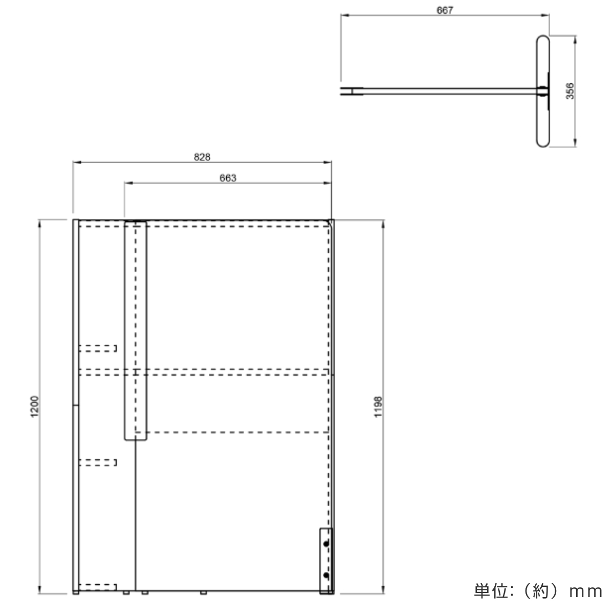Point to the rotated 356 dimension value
[x=571, y=92]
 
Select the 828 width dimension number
[x=202, y=157]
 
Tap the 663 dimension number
[x=228, y=178]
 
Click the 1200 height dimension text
[x=35, y=406]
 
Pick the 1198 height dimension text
[x=378, y=406]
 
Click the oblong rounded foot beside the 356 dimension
[x=543, y=92]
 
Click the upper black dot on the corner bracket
[x=326, y=544]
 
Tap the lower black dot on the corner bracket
[x=326, y=576]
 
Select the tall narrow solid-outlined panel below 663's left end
[x=136, y=330]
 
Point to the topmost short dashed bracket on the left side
[x=98, y=348]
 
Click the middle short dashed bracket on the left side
[x=98, y=463]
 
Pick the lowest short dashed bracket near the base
[x=98, y=587]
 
